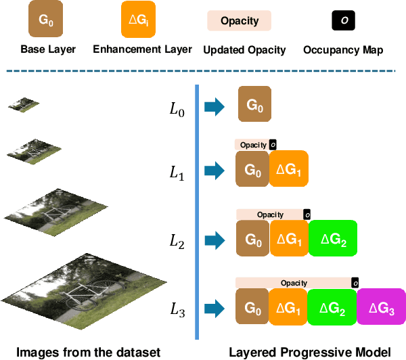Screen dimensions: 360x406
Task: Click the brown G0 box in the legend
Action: [45, 20]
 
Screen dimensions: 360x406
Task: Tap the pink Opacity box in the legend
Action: [239, 21]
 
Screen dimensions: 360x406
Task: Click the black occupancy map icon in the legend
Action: [344, 21]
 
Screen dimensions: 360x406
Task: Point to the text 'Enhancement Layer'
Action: [142, 49]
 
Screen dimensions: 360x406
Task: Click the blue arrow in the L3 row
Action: [214, 308]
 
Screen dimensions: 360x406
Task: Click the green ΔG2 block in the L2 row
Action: [333, 239]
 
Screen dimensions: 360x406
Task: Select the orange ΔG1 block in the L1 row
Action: [289, 169]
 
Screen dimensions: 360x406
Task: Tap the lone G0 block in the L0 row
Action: [254, 104]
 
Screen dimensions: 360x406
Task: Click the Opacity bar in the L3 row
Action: [294, 283]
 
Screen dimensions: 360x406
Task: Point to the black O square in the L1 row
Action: [273, 145]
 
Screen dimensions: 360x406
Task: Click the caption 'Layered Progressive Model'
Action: [309, 351]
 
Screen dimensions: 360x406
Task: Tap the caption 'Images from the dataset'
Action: [88, 351]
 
